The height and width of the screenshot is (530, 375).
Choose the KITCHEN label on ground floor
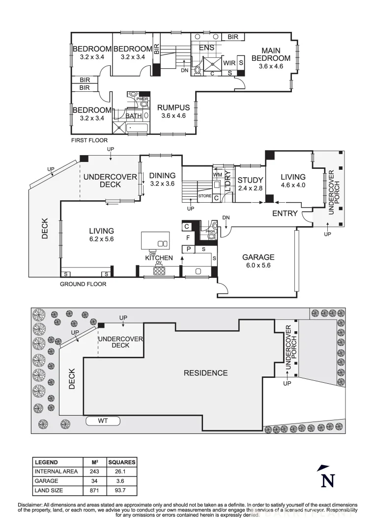159,258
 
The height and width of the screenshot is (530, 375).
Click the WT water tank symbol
103,421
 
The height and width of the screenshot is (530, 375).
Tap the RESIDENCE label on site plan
205,373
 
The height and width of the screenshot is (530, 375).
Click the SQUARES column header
121,462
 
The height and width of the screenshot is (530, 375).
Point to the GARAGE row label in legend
46,481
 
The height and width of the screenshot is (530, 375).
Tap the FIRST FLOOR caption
89,140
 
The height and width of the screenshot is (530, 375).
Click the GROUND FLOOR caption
83,284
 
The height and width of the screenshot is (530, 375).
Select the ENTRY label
285,213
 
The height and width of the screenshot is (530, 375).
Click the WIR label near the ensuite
229,63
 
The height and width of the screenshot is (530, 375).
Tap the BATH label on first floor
133,116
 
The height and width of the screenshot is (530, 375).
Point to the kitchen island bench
155,240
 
